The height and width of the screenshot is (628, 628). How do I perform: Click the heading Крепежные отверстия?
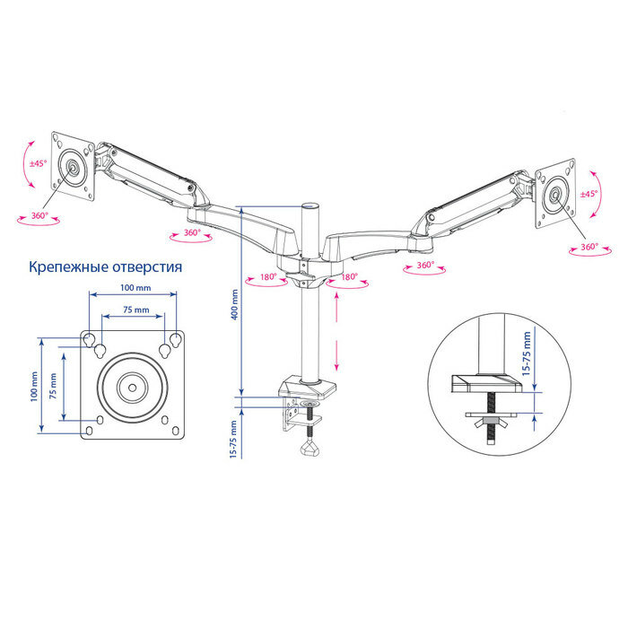[x=106, y=267]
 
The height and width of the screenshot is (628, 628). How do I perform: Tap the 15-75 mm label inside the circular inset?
[x=528, y=353]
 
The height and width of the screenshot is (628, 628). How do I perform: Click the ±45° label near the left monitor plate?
[x=38, y=164]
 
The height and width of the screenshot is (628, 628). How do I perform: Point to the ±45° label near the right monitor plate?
[x=589, y=194]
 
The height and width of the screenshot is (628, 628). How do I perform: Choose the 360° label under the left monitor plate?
[x=38, y=216]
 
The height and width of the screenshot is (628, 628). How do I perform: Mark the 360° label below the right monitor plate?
[x=589, y=247]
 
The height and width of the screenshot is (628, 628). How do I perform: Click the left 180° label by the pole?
[x=267, y=277]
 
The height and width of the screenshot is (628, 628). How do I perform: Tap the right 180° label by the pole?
[x=350, y=277]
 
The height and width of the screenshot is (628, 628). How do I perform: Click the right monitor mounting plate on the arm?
[x=557, y=192]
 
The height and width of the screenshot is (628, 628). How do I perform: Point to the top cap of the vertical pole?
[x=311, y=206]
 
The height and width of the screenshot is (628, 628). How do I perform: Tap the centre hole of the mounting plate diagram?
[x=133, y=388]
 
